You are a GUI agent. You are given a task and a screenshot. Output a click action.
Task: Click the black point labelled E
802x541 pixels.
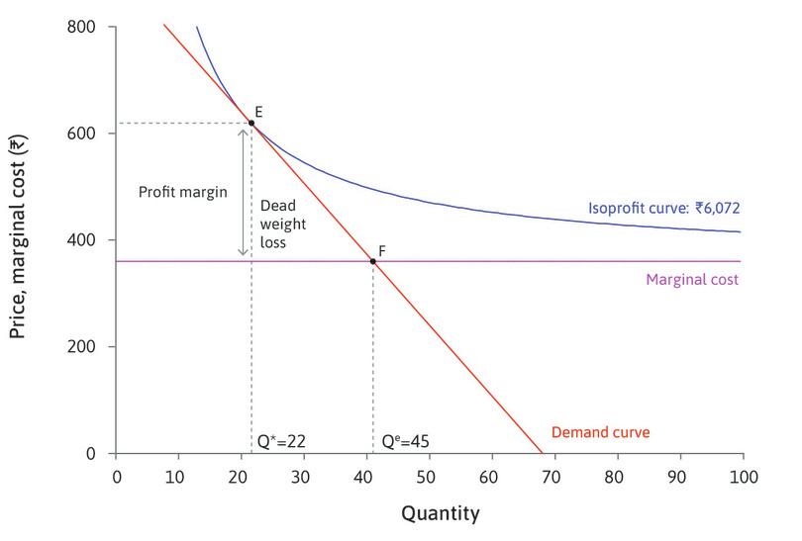pyautogui.click(x=251, y=123)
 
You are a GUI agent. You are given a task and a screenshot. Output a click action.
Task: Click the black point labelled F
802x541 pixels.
pyautogui.click(x=372, y=261)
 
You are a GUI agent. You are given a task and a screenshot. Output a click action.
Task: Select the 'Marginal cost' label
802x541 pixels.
pyautogui.click(x=692, y=280)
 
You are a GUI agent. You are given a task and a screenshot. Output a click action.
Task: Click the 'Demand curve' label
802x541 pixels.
pyautogui.click(x=600, y=432)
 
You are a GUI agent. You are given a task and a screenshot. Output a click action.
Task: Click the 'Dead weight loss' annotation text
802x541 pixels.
pyautogui.click(x=278, y=224)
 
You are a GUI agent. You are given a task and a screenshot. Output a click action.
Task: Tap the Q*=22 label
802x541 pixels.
pyautogui.click(x=280, y=440)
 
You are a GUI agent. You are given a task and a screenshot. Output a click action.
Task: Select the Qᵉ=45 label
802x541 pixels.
pyautogui.click(x=403, y=440)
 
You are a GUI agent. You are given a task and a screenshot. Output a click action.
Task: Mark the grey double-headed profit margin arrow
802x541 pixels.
pyautogui.click(x=243, y=192)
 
